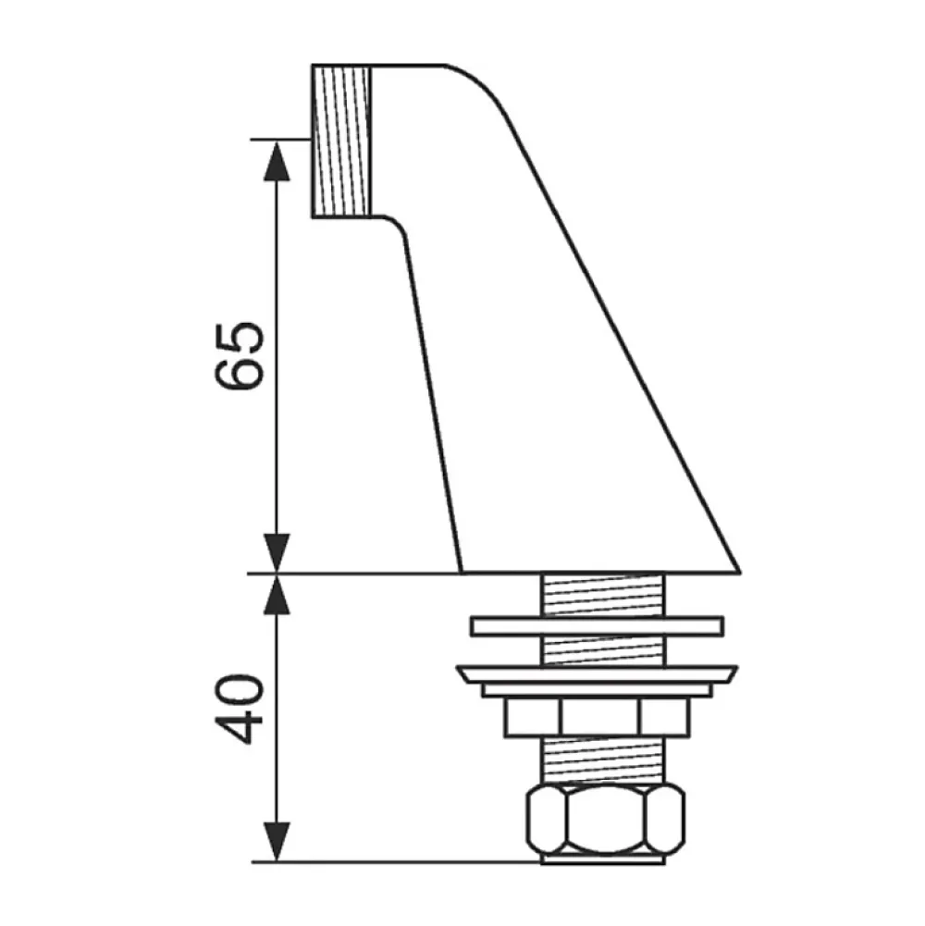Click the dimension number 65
(x=240, y=357)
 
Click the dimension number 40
(x=240, y=709)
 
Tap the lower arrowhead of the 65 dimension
(x=277, y=553)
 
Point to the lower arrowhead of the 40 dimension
(x=277, y=842)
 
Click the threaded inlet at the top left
(x=341, y=141)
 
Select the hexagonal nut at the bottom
(x=606, y=820)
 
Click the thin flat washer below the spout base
(x=598, y=626)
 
